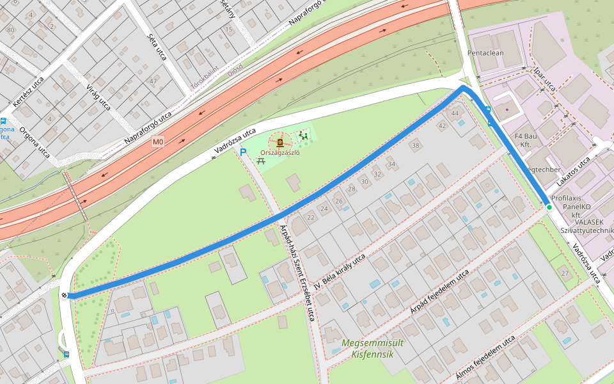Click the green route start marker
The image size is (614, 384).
coord(549,207)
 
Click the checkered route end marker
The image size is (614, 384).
coord(65,295)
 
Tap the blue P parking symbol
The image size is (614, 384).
coord(242,152)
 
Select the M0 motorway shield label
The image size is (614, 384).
coord(158,141)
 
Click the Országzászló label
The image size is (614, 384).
coord(280,152)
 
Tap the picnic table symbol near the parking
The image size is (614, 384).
coord(261,161)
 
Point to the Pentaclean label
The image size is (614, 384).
coord(486,53)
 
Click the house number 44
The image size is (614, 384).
coord(455,113)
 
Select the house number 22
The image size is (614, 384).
coord(311,218)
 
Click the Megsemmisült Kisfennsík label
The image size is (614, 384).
coord(372,348)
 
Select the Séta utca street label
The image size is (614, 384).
coord(157,47)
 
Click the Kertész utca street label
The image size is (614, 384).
coord(29,92)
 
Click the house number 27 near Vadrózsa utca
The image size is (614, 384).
coord(565,273)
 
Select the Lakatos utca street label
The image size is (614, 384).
coord(574,172)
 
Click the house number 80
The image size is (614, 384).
coord(10,30)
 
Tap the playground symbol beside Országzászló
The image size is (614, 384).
coord(303,136)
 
